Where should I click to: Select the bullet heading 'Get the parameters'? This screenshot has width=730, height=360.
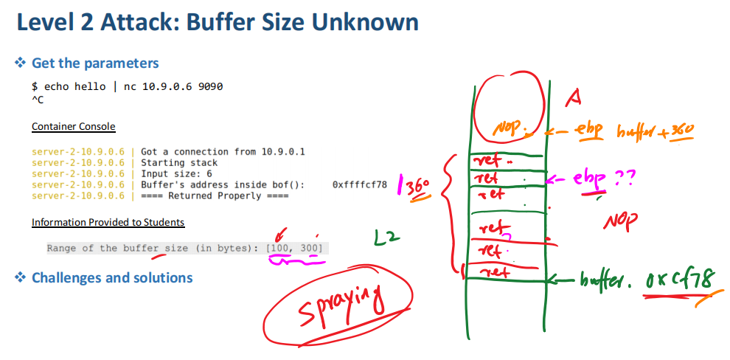pos(95,63)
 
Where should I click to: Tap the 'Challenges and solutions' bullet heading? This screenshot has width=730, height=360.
pos(112,278)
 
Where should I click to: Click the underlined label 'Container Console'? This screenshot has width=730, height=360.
pos(74,127)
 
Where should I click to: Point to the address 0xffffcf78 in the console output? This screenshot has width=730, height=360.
pos(360,184)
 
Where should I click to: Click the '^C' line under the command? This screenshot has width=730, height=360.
pos(38,100)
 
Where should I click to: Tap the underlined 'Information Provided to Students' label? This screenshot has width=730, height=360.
pos(108,222)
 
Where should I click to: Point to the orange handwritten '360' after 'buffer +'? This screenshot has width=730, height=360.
pos(681,131)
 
